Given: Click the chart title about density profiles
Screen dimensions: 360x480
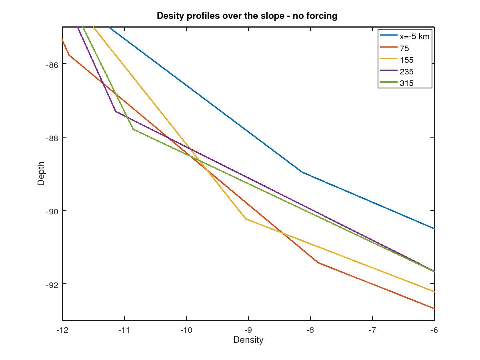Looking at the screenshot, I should pos(247,16).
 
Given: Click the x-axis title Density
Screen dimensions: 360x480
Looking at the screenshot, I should pos(248,340).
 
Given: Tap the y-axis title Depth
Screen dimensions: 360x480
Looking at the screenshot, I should pos(41,174).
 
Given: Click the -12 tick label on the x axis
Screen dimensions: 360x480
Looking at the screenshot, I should pos(62,330).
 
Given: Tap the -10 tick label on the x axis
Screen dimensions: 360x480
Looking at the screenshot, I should pos(186,330).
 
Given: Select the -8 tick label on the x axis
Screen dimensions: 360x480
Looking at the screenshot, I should pos(310,330).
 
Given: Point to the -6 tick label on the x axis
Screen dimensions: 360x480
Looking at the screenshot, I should pos(434,330).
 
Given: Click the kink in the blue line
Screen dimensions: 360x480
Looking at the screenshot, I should pos(302,172).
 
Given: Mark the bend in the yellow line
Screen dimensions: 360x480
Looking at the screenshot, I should pos(245,218).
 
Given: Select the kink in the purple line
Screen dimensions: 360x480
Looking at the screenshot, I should pos(116,111).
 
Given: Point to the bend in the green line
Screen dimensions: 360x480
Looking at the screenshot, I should pos(133,129).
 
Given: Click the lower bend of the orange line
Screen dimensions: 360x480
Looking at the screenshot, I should pos(318,262).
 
